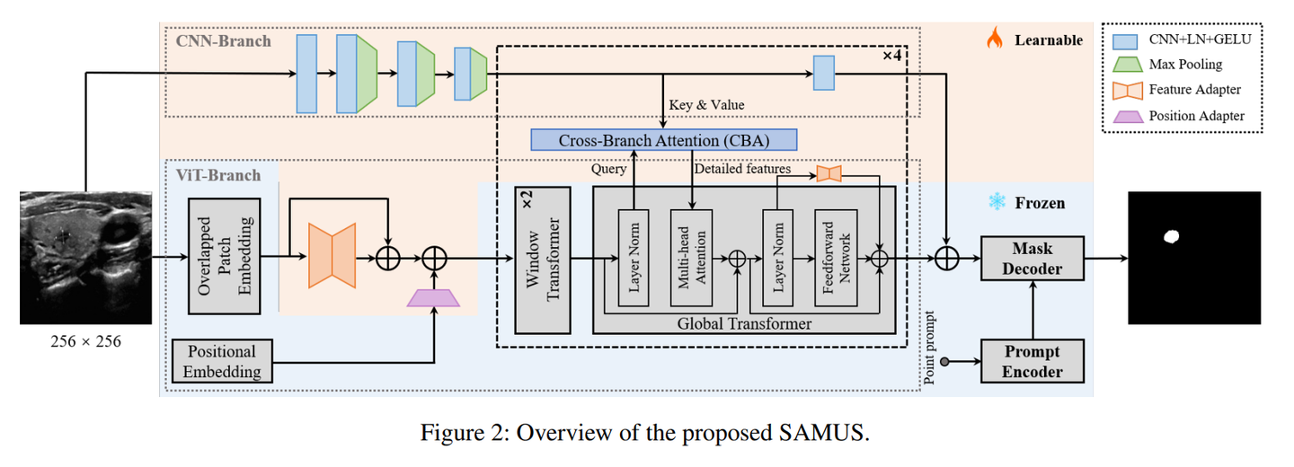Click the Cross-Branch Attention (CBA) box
pyautogui.click(x=663, y=140)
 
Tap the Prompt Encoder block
pyautogui.click(x=1032, y=362)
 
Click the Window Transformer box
pyautogui.click(x=542, y=260)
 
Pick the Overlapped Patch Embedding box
pyautogui.click(x=225, y=257)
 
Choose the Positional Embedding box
pyautogui.click(x=222, y=361)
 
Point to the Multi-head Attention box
pyautogui.click(x=690, y=259)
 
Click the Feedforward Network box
pyautogui.click(x=831, y=259)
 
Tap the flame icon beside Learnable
pyautogui.click(x=995, y=38)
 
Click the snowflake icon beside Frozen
pyautogui.click(x=996, y=202)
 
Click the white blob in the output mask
pyautogui.click(x=1171, y=236)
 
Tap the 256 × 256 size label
pyautogui.click(x=85, y=341)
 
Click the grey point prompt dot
pyautogui.click(x=940, y=362)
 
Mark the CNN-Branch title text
pyautogui.click(x=222, y=40)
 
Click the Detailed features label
pyautogui.click(x=742, y=168)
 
